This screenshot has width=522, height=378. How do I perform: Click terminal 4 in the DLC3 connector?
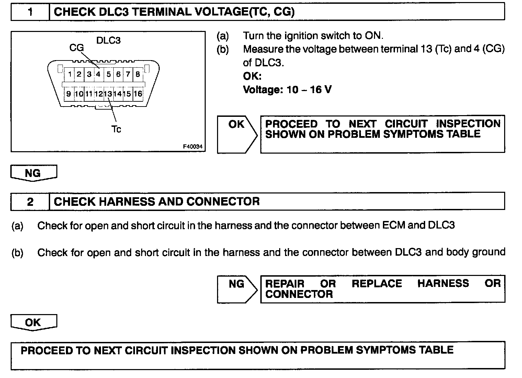(x=98, y=74)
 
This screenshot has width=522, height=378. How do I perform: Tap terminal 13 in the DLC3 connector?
(x=108, y=94)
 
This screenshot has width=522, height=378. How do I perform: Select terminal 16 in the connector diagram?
(x=138, y=94)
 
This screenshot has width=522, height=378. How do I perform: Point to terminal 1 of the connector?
(x=70, y=74)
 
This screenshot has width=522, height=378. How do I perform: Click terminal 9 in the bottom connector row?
(x=69, y=94)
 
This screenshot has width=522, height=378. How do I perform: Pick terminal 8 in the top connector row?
(x=137, y=74)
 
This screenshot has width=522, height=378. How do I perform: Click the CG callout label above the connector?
(x=77, y=48)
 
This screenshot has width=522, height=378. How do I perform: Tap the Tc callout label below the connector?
(x=116, y=129)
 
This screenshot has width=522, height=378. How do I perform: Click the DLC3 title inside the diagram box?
(x=109, y=40)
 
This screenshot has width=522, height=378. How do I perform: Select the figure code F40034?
(x=193, y=147)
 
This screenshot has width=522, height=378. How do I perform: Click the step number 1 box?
(x=30, y=12)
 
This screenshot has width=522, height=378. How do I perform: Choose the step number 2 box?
(x=30, y=201)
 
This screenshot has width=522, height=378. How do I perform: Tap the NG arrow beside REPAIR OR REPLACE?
(x=237, y=289)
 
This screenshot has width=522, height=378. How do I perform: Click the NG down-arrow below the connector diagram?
(x=33, y=173)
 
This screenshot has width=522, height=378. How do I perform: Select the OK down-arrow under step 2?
(x=33, y=322)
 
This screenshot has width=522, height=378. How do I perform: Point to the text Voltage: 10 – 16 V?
(x=287, y=90)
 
